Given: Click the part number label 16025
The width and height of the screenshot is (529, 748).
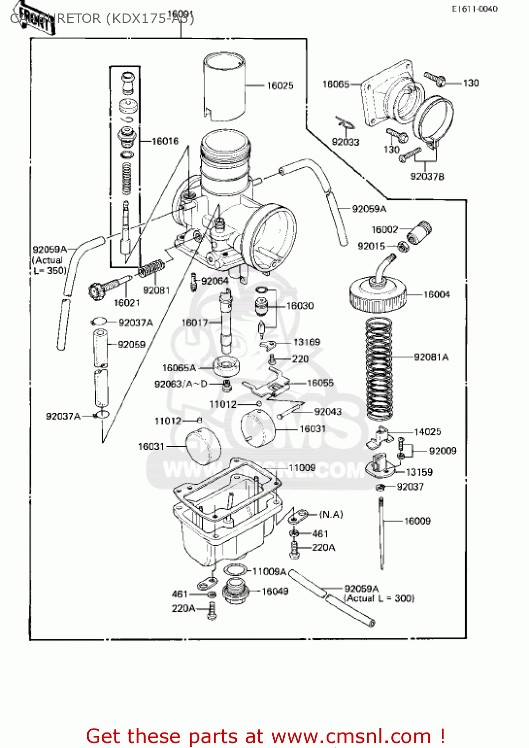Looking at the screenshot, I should tap(280, 86).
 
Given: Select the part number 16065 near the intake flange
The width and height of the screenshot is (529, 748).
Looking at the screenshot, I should tap(336, 84).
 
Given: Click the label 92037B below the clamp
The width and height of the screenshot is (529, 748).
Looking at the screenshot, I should tap(427, 177).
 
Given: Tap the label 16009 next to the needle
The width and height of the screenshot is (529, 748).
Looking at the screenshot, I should tap(417, 521).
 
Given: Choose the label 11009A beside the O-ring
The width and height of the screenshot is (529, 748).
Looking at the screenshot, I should tap(269, 571).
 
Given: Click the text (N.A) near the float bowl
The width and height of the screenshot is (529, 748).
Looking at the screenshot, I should tap(331, 514).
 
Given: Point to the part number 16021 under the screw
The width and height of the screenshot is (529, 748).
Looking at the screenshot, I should tap(127, 303).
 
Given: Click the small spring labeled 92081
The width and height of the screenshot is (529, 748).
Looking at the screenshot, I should tap(151, 269).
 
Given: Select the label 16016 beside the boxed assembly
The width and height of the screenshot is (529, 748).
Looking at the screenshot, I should tap(165, 141).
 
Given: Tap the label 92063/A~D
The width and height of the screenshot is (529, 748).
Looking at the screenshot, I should tap(180, 384).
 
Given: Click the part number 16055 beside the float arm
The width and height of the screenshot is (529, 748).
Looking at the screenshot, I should tap(320, 383).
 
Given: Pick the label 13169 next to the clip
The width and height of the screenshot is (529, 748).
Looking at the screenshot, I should tap(307, 342).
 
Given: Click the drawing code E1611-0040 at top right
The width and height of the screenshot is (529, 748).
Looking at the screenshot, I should tap(474, 8).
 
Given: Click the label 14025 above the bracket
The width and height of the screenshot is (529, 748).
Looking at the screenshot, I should tap(427, 432).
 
